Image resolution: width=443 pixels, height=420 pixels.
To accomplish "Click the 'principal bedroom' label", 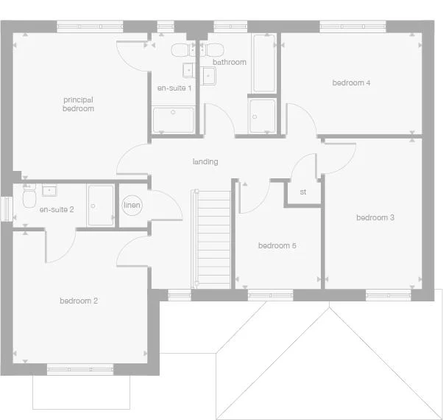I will point(78,104).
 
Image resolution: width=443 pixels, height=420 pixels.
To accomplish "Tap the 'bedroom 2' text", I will point(79,301).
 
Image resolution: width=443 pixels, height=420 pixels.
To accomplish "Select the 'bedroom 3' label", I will point(375,217).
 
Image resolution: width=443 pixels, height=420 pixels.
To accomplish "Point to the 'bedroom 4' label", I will point(350,83).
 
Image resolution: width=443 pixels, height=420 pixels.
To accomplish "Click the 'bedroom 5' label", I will point(277,245).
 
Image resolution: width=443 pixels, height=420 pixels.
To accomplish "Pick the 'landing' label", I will point(205,161).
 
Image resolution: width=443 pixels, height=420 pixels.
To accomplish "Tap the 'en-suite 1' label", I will point(174,88).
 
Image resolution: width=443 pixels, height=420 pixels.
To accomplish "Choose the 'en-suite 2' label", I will point(57,210).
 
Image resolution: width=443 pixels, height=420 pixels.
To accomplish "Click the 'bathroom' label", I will point(229,63).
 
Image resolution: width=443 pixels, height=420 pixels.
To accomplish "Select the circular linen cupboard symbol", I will point(132,206).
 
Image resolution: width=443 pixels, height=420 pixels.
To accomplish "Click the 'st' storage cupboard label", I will point(302,192).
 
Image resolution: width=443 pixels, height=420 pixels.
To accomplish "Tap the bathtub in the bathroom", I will point(264,63).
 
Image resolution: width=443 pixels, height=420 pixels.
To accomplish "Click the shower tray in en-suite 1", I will point(174,119).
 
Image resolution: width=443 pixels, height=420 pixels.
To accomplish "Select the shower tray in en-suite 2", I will point(101,205).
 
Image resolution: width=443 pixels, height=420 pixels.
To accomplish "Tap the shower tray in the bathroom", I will point(262,116).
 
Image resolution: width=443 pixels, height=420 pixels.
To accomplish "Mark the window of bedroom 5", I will point(269,295).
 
